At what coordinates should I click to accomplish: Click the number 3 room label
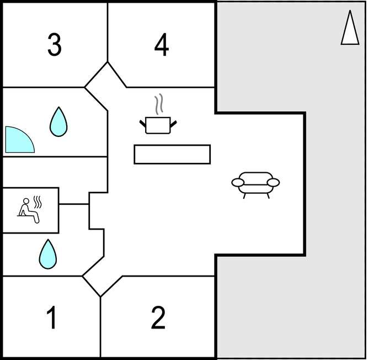pos(55,45)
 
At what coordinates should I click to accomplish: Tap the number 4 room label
pos(162,45)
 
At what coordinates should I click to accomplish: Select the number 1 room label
pos(52,317)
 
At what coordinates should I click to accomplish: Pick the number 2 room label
pos(158,317)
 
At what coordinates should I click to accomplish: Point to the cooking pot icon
pos(158,125)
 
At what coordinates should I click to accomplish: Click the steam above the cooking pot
pos(159,104)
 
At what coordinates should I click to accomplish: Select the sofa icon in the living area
pos(256,185)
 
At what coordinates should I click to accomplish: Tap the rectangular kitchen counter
pos(172,155)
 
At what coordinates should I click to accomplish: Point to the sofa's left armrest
pos(238,182)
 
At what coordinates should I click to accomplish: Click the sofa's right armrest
pos(274,182)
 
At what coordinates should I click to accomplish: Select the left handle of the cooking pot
pos(143,123)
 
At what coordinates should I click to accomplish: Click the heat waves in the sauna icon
pos(38,202)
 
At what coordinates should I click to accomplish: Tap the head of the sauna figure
pos(26,201)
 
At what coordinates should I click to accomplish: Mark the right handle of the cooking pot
pos(174,124)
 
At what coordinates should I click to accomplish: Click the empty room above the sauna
pos(55,172)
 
